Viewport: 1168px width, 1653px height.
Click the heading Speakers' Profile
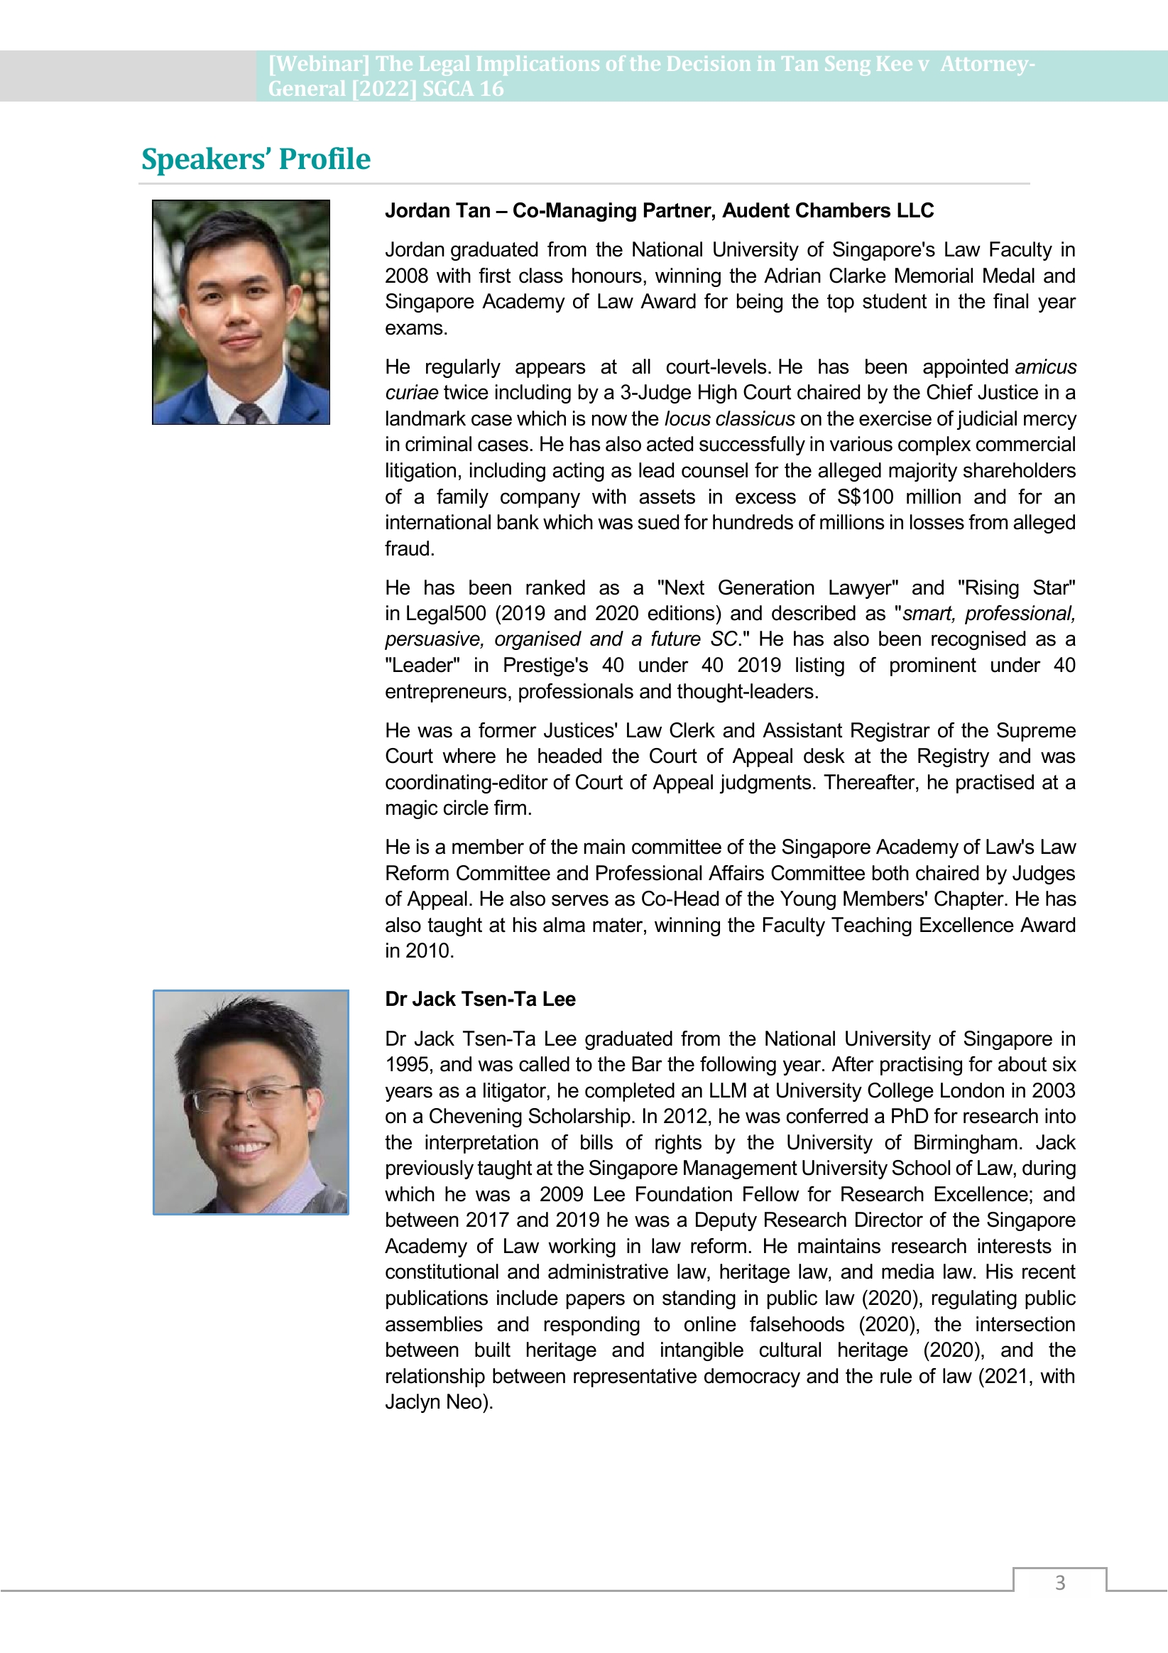256,159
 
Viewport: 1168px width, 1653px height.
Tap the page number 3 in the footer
1059,1583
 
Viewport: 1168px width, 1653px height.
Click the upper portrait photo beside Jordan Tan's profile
241,312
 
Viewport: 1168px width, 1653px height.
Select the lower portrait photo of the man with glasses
251,1102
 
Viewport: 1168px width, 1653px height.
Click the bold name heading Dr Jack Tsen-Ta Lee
480,999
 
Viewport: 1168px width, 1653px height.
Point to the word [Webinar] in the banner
319,64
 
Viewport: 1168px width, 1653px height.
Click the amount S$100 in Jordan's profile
865,497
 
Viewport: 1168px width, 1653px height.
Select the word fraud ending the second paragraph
408,548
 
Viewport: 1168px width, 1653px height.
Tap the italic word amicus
1046,367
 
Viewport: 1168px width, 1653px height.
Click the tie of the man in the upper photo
247,413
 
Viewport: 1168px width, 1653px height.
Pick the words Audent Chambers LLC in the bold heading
828,211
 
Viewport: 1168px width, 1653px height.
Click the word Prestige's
545,665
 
